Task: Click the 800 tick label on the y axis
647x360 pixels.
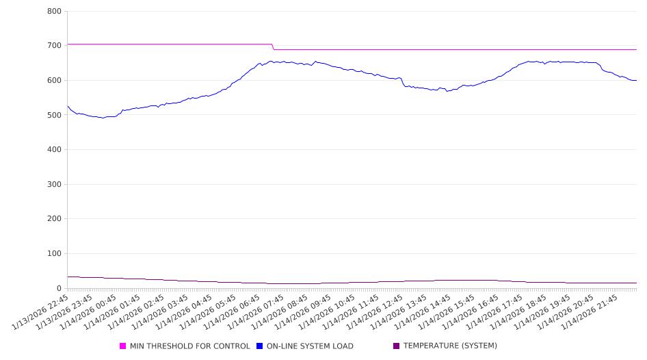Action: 55,11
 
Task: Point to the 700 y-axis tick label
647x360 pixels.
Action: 55,46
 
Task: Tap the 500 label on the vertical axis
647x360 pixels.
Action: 55,115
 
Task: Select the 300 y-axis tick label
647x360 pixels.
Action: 55,184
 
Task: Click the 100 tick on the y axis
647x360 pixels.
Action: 55,254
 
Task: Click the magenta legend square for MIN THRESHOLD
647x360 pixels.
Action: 123,346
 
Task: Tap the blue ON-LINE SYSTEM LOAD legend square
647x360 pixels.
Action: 260,346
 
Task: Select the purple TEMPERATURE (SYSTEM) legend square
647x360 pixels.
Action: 397,346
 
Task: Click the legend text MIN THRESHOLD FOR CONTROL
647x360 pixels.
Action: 190,346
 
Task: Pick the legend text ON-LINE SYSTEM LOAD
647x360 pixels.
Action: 310,346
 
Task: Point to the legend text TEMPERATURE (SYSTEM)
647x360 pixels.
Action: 450,346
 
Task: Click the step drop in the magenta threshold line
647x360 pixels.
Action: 273,47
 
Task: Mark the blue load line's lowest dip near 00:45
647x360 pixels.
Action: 103,118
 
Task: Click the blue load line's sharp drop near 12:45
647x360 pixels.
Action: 403,82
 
